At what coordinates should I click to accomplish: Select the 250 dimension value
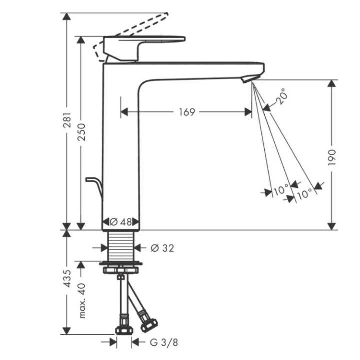(x=82, y=131)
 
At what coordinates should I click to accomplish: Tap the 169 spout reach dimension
(x=186, y=112)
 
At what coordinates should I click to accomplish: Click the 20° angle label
(x=282, y=96)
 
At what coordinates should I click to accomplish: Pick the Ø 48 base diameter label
(x=121, y=221)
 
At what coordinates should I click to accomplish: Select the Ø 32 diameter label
(x=162, y=247)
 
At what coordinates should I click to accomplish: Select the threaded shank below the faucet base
(x=121, y=245)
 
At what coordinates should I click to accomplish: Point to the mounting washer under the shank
(x=120, y=263)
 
